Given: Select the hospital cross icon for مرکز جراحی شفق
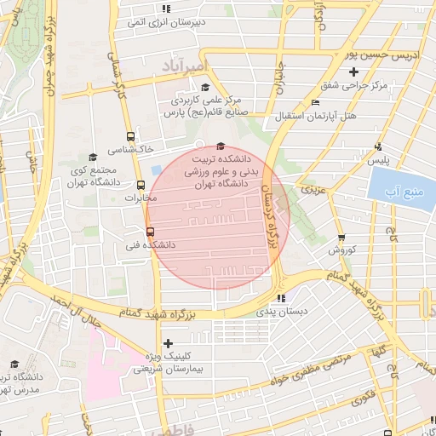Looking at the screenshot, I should (354, 72).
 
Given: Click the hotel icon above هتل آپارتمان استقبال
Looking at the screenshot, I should (315, 100).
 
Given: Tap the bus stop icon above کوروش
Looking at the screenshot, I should (341, 238).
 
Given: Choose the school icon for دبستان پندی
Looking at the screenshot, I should (281, 299).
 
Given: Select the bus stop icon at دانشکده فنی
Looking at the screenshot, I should (151, 231).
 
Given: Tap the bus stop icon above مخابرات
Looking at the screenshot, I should (141, 185).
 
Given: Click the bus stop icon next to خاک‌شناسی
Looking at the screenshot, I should (130, 135).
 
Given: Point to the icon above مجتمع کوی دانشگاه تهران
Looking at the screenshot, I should (93, 157).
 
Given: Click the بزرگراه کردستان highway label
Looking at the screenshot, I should (274, 221).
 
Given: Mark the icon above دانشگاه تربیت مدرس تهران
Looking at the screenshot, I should (14, 363).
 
